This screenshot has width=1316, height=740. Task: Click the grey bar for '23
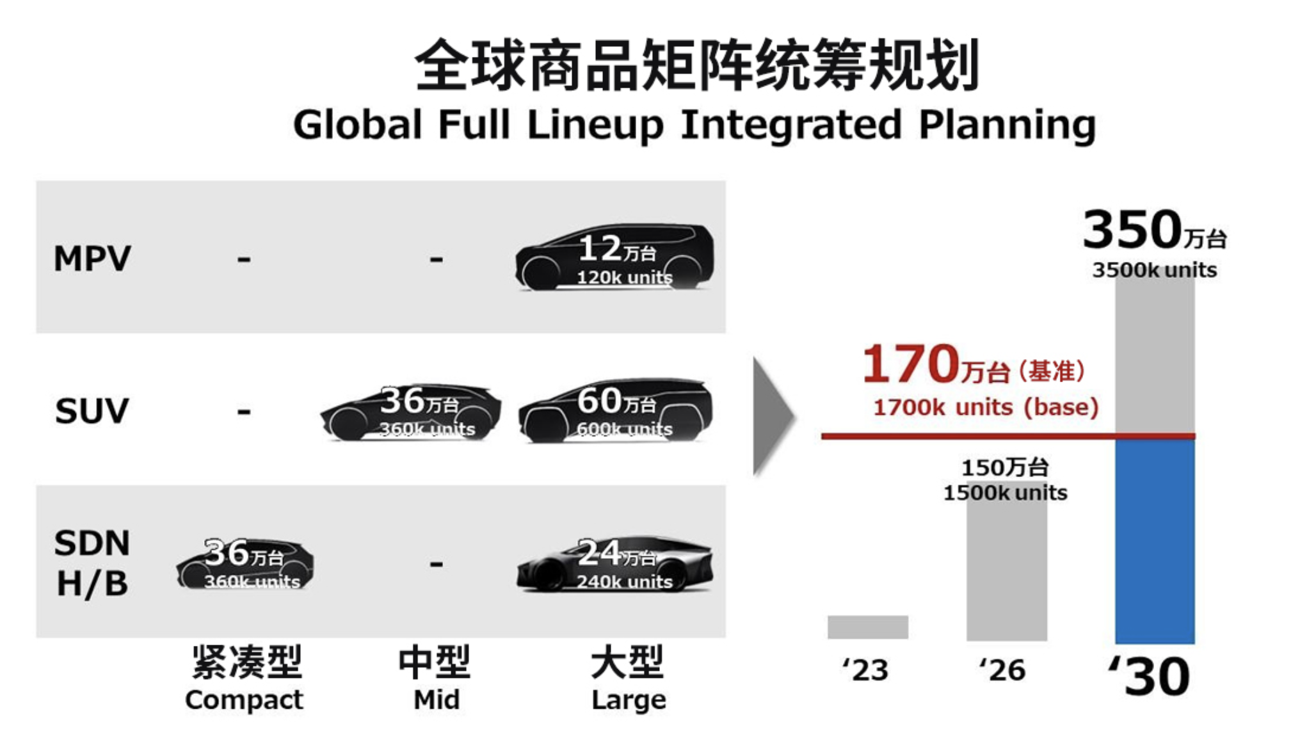[x=867, y=627]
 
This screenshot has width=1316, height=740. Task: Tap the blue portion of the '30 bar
[x=1155, y=541]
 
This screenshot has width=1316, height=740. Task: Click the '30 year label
[x=1150, y=676]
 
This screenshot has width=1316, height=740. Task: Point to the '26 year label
[x=1002, y=670]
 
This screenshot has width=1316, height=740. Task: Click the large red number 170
[x=910, y=364]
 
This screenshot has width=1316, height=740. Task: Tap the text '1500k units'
[x=1005, y=493]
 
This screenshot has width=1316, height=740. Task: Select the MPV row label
[x=92, y=259]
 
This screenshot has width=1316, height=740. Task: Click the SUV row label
[x=92, y=411]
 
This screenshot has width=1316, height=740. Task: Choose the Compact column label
[x=244, y=699]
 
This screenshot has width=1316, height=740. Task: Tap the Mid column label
[x=437, y=699]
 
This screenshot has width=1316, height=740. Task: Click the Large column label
[x=629, y=699]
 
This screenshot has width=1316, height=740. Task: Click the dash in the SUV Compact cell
[x=244, y=411]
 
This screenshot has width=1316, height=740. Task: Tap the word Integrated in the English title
[x=791, y=124]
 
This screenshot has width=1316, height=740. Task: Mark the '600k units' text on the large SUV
[x=625, y=429]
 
